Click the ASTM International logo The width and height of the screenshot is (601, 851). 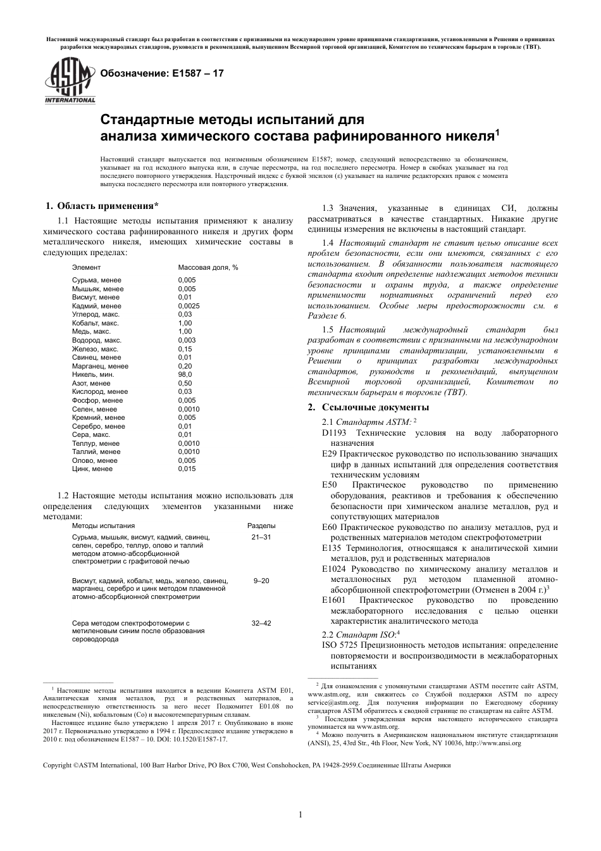(x=70, y=80)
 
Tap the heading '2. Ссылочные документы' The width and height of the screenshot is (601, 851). (x=368, y=407)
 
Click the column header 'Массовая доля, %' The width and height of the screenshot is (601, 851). (x=208, y=268)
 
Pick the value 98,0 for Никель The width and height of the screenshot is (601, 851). (x=185, y=375)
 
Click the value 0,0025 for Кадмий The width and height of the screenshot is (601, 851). (x=189, y=306)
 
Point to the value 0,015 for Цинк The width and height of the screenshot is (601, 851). (x=187, y=469)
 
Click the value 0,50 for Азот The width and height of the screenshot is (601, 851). (x=185, y=383)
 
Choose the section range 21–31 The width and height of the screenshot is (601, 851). (x=261, y=537)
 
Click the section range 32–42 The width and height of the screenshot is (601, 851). (x=261, y=624)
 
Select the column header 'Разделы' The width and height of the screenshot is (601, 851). (x=261, y=526)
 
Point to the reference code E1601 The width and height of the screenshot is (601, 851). (x=333, y=600)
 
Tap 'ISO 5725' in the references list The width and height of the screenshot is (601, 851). (x=340, y=645)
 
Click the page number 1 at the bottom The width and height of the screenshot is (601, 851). (x=300, y=815)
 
